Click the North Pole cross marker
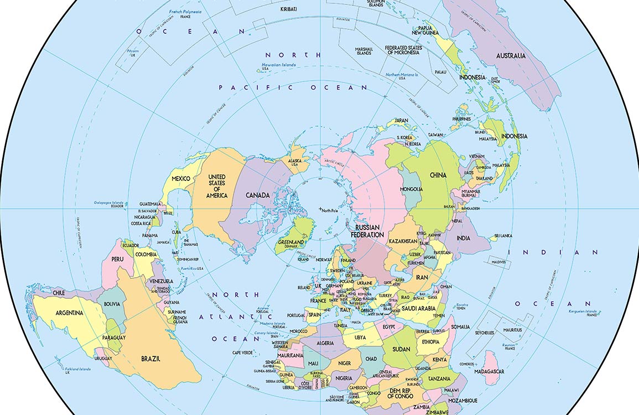pyautogui.click(x=320, y=208)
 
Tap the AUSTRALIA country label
pyautogui.click(x=511, y=56)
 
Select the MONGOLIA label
pyautogui.click(x=411, y=189)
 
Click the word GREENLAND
pyautogui.click(x=290, y=242)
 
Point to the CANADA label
pyautogui.click(x=258, y=195)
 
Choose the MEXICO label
pyautogui.click(x=181, y=179)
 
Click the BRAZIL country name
pyautogui.click(x=150, y=359)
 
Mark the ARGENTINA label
pyautogui.click(x=70, y=313)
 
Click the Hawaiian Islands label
pyautogui.click(x=276, y=65)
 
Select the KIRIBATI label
pyautogui.click(x=289, y=9)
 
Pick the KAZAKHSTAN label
pyautogui.click(x=402, y=241)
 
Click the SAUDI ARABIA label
pyautogui.click(x=419, y=308)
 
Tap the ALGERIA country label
pyautogui.click(x=325, y=343)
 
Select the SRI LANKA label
pyautogui.click(x=503, y=236)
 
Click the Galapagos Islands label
pyautogui.click(x=108, y=203)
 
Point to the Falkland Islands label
pyautogui.click(x=77, y=369)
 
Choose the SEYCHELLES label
pyautogui.click(x=485, y=333)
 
